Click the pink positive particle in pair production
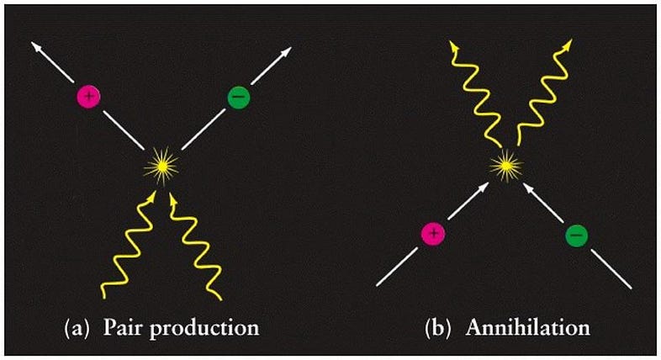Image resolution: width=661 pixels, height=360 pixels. pyautogui.click(x=88, y=96)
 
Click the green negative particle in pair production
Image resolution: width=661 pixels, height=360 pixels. pyautogui.click(x=239, y=97)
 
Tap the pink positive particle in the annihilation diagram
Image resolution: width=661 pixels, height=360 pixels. pyautogui.click(x=433, y=233)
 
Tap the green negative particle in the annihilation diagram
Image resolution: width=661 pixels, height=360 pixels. pyautogui.click(x=577, y=235)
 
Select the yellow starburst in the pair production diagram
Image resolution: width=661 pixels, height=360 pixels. pyautogui.click(x=161, y=166)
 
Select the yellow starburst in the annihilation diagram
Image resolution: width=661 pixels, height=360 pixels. pyautogui.click(x=506, y=166)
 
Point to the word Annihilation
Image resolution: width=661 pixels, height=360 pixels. pyautogui.click(x=528, y=327)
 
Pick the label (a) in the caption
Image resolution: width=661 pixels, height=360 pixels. pyautogui.click(x=77, y=328)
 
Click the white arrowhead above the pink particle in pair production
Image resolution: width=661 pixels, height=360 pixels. pyautogui.click(x=37, y=47)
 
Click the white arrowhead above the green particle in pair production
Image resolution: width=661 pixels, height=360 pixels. pyautogui.click(x=285, y=52)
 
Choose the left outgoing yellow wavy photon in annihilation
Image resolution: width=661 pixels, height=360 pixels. pyautogui.click(x=474, y=93)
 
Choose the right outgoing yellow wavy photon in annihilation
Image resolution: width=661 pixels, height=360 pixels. pyautogui.click(x=544, y=93)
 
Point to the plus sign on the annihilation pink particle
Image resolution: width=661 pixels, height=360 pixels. pyautogui.click(x=433, y=233)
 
